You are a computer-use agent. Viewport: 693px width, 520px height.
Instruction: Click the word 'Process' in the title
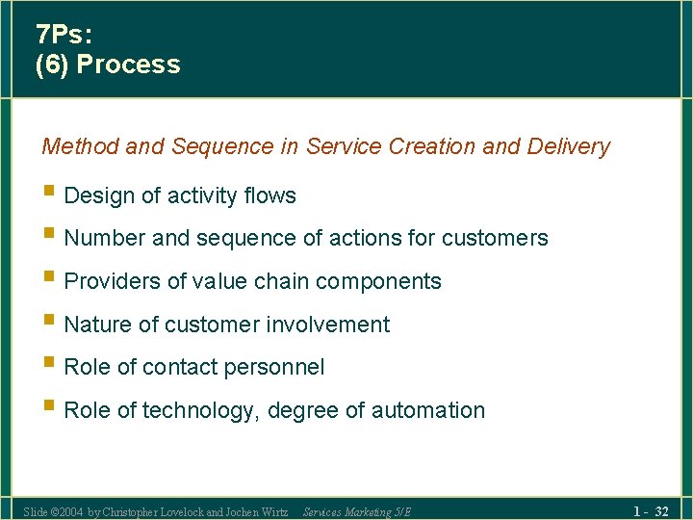128,65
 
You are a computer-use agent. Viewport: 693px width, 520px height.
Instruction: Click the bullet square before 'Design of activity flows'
49,194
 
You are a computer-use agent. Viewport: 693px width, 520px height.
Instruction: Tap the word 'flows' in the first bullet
269,195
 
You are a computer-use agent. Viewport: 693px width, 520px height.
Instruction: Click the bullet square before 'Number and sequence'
49,236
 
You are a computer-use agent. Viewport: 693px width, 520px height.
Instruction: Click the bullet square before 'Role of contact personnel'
49,365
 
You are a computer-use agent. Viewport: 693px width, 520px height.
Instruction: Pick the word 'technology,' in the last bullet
201,410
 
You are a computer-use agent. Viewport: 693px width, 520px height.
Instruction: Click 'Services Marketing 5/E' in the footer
356,511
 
